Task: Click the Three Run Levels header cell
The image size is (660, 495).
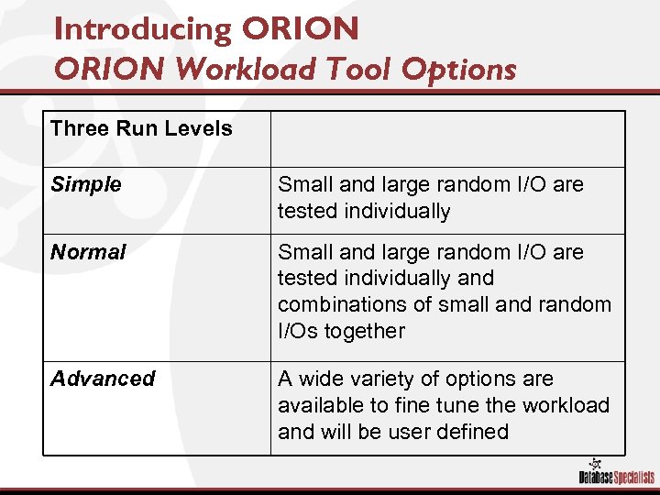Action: pos(142,128)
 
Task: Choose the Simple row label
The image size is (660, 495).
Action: pos(86,184)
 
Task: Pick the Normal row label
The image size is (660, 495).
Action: pos(88,252)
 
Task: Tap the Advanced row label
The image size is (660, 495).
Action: pos(103,379)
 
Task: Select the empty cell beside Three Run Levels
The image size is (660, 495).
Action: pos(446,138)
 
